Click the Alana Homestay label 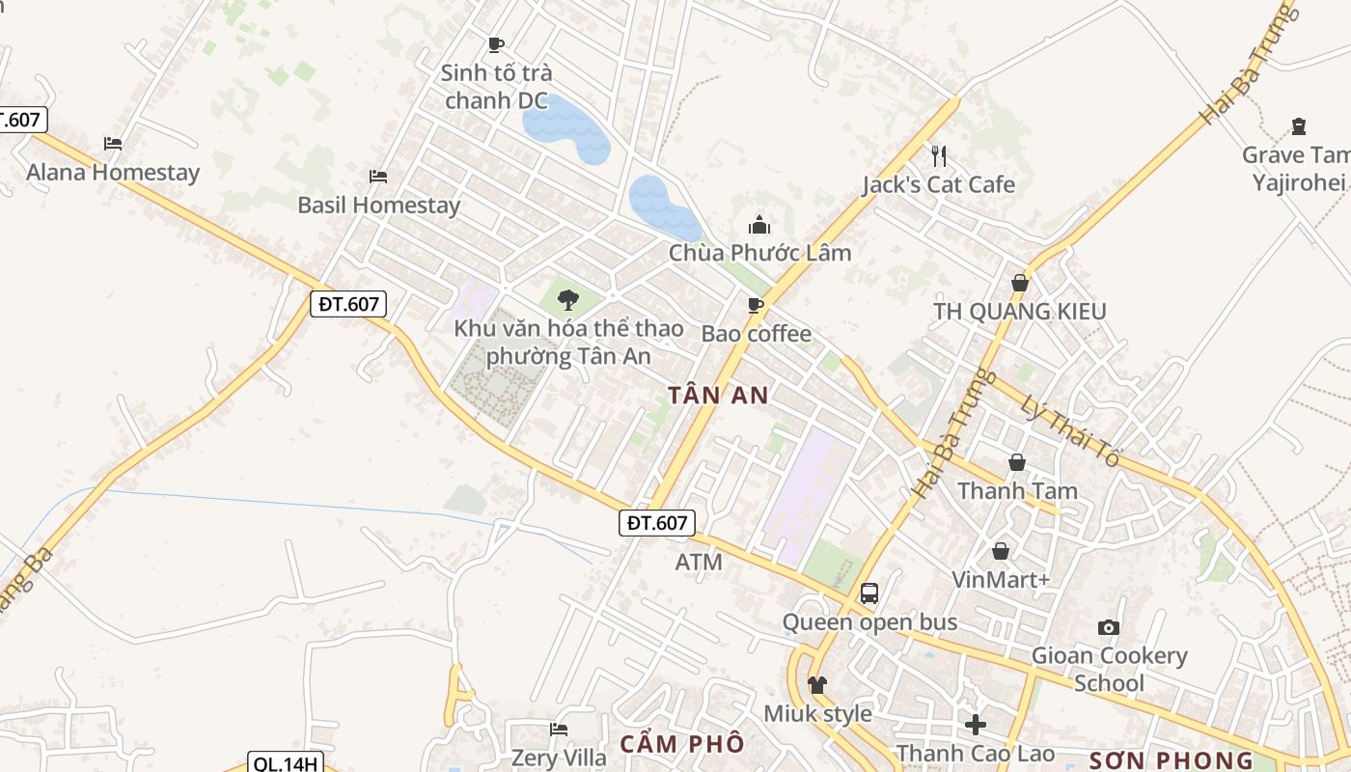tap(113, 173)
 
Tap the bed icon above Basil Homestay tap(378, 176)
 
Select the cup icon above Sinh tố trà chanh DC tap(496, 44)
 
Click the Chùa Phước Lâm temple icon tap(759, 226)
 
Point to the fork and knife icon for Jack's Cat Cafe tap(938, 155)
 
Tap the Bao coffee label tap(756, 334)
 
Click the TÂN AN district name tap(719, 395)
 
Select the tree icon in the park tap(567, 299)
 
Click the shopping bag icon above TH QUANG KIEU tap(1019, 283)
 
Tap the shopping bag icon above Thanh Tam tap(1016, 463)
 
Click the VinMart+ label tap(1000, 579)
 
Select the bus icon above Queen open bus tap(868, 593)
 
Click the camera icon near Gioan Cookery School tap(1109, 628)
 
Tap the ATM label tap(699, 562)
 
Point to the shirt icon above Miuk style tap(816, 685)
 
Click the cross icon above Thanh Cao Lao tap(975, 724)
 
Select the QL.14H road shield tap(284, 763)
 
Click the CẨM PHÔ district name tap(682, 744)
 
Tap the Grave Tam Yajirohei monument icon tap(1298, 126)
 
